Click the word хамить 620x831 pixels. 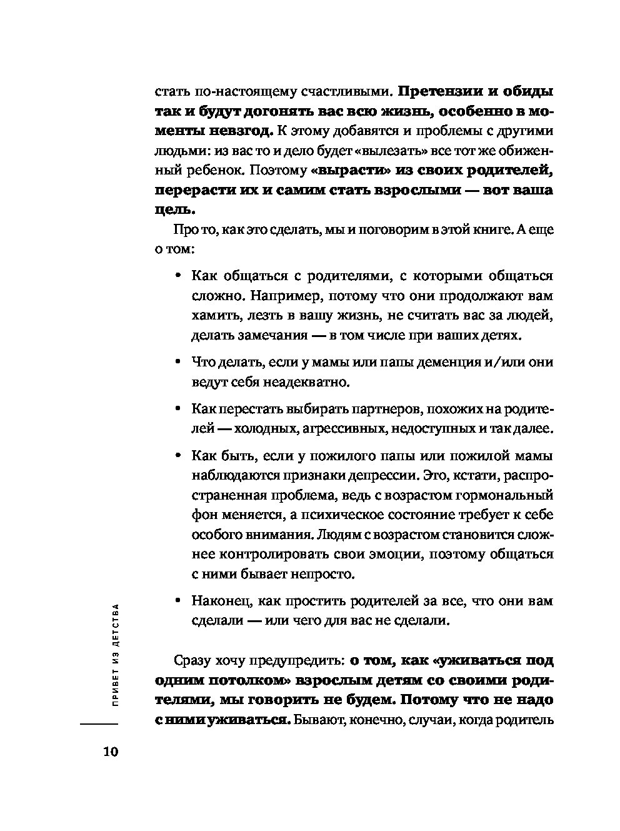pyautogui.click(x=212, y=315)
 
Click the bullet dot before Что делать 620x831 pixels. pyautogui.click(x=178, y=362)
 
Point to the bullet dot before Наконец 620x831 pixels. pyautogui.click(x=178, y=602)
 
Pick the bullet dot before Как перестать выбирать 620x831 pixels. pyautogui.click(x=178, y=409)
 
